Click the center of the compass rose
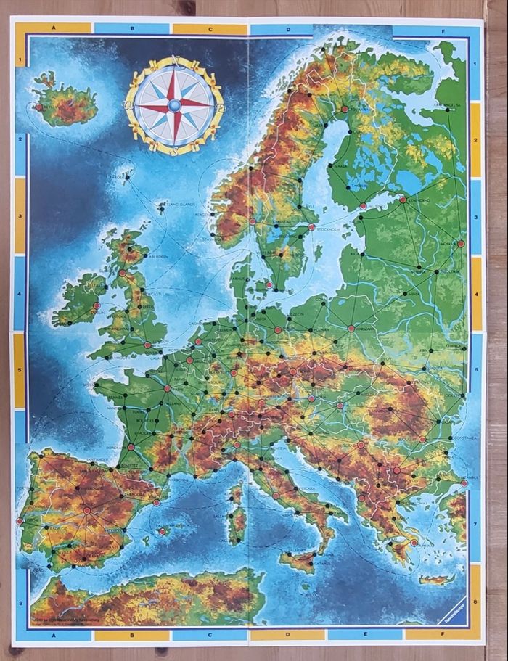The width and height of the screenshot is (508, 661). coord(175,105)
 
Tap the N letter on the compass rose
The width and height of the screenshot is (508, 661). coord(175,61)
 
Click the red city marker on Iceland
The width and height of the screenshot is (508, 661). coord(38,107)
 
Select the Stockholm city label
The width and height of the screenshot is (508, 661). coord(329,229)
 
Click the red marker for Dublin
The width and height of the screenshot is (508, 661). coord(97,305)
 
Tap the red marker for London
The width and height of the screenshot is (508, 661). coord(147,345)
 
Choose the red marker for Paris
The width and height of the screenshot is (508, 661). coord(168,388)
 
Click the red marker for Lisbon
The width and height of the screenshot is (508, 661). coord(20,520)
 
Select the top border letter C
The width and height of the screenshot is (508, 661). coord(210,29)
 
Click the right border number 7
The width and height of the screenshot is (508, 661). coord(475,524)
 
